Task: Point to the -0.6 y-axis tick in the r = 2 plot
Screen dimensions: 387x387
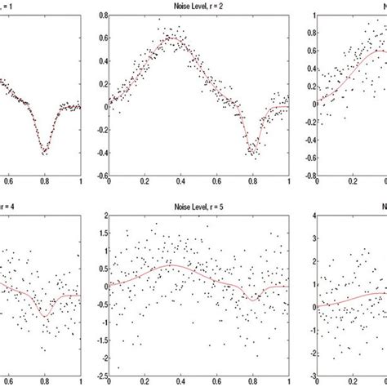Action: coord(99,176)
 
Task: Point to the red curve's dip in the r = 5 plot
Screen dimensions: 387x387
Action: coord(253,300)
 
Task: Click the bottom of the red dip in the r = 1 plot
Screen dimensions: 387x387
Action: coord(44,150)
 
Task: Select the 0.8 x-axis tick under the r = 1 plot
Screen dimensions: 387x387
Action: coord(44,184)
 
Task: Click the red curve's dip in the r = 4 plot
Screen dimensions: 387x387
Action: coord(44,314)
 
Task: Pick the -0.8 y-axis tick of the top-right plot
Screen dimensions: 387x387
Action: coord(308,176)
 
